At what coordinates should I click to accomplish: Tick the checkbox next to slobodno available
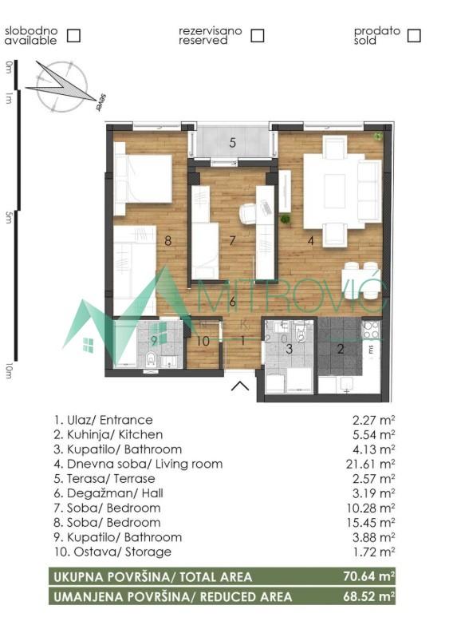(73, 35)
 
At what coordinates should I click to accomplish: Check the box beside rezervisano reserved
(257, 35)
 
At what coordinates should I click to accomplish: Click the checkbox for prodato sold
(413, 35)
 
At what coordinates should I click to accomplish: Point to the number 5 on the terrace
(232, 144)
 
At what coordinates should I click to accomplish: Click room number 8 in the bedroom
(168, 239)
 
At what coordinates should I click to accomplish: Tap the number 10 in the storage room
(203, 342)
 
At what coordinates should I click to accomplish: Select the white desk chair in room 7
(249, 213)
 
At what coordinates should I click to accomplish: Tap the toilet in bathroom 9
(149, 362)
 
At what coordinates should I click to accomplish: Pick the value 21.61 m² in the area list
(375, 463)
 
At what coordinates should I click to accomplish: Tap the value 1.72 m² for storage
(377, 552)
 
